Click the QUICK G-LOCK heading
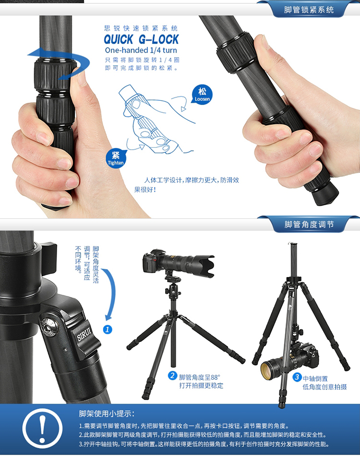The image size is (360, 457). [141, 39]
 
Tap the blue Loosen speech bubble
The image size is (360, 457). [202, 95]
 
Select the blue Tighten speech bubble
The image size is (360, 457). [116, 159]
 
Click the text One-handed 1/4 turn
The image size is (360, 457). [141, 50]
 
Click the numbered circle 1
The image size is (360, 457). [108, 329]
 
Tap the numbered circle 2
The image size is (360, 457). [172, 375]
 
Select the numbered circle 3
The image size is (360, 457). [297, 377]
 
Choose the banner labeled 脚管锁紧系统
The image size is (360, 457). [309, 10]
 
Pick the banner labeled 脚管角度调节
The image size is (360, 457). [309, 224]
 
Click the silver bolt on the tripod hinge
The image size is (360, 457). [49, 326]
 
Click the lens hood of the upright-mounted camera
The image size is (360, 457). [206, 266]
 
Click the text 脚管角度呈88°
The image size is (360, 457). [200, 377]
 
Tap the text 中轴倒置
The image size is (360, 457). [315, 378]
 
